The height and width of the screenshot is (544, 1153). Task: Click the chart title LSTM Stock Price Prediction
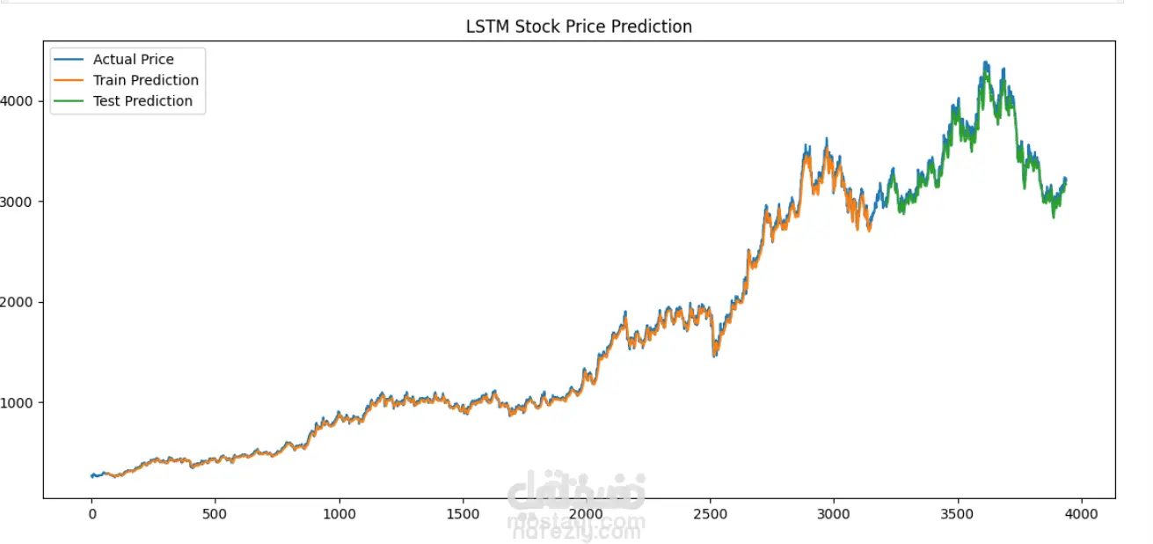579,26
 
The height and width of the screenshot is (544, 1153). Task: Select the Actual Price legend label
134,60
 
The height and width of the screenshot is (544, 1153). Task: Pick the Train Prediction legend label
146,80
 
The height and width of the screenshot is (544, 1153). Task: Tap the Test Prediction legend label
142,101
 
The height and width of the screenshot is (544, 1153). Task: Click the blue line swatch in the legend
69,60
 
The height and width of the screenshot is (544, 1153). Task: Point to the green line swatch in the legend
69,101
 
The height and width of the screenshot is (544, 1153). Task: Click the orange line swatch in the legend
69,80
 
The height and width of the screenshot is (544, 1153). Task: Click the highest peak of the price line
985,62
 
